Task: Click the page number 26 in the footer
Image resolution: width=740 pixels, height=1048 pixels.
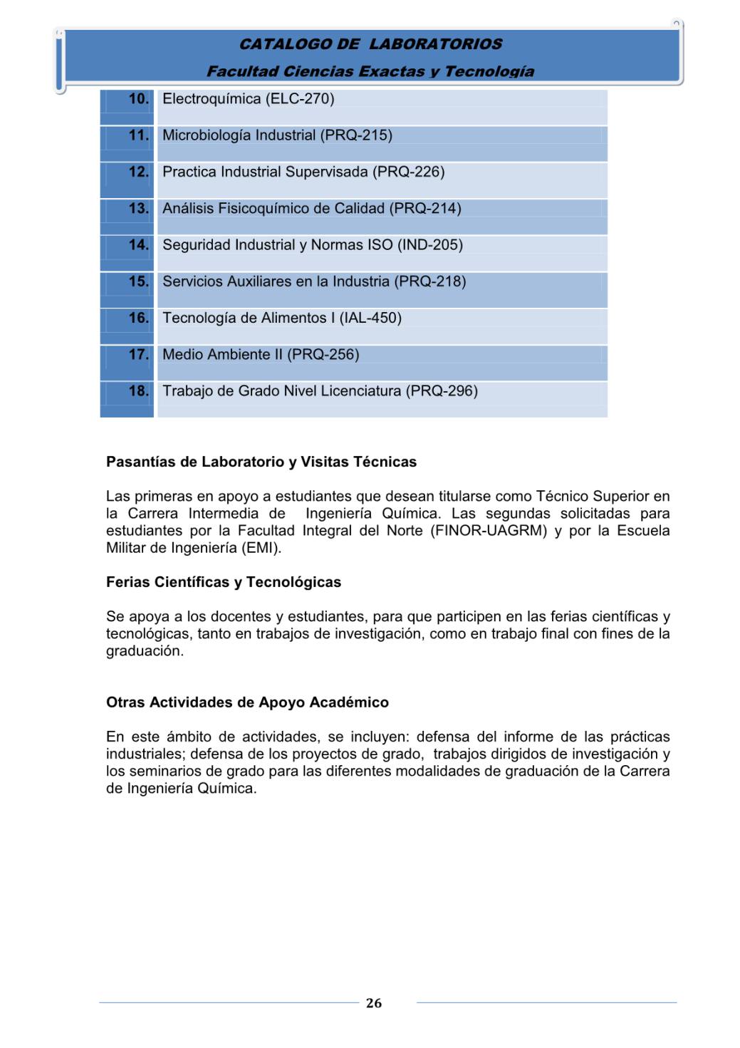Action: click(374, 1003)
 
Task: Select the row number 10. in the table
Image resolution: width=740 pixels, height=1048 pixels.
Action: click(139, 99)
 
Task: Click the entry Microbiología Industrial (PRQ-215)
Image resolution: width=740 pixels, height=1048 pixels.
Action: click(277, 135)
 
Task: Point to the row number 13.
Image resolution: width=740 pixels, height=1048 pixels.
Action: click(139, 209)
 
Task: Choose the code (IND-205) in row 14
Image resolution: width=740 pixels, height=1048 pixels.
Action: click(430, 245)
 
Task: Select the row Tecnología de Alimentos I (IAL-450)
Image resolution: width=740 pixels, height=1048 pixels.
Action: click(282, 318)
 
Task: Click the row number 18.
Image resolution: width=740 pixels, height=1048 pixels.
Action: click(139, 391)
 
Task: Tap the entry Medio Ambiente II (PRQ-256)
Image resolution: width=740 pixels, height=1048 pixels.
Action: click(261, 355)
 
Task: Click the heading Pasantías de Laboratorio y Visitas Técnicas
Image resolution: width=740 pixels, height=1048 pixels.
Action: click(261, 462)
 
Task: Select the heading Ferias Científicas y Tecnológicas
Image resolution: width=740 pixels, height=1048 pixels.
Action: click(224, 583)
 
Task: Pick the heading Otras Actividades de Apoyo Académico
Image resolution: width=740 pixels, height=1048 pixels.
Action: click(247, 703)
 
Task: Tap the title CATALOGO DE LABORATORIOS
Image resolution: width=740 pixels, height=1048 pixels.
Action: click(370, 44)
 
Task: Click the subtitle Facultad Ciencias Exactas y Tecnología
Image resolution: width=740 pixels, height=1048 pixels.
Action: click(370, 71)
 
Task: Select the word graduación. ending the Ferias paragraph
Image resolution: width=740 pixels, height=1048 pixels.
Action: click(145, 651)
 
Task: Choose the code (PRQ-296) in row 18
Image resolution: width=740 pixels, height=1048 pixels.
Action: click(442, 391)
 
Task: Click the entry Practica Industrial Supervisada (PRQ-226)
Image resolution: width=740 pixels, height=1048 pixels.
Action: click(303, 172)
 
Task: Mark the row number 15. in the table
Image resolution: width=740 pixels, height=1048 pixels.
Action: click(139, 282)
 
